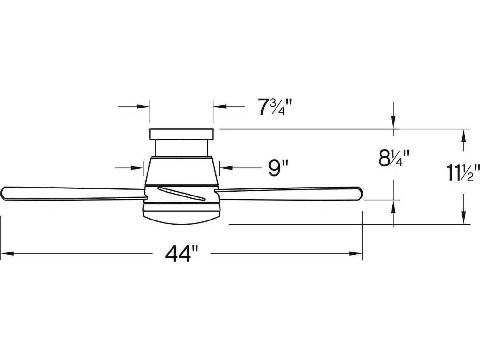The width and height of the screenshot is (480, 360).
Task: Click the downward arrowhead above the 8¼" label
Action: coord(393,123)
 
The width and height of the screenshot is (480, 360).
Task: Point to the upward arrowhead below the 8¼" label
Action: coord(393,206)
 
